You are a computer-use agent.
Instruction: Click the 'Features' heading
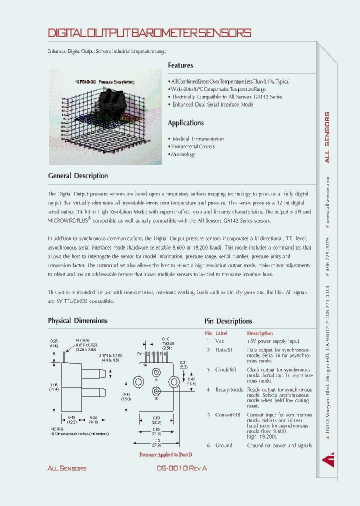180,65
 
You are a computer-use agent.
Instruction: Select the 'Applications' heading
185,123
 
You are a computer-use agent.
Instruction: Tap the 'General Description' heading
78,176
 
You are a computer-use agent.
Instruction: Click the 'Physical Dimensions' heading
77,320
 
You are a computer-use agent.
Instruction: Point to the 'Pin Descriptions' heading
228,321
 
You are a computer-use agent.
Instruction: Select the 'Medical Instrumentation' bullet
197,139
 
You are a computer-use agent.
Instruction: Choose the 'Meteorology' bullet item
183,154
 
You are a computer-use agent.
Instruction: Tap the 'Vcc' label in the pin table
220,340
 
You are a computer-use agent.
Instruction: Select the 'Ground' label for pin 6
223,445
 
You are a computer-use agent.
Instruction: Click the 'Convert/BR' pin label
228,414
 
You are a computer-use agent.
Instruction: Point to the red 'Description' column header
259,333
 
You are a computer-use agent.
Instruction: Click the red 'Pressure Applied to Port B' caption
165,454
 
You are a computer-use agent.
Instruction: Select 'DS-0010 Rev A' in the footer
181,468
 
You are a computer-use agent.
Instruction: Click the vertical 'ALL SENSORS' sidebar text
327,137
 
